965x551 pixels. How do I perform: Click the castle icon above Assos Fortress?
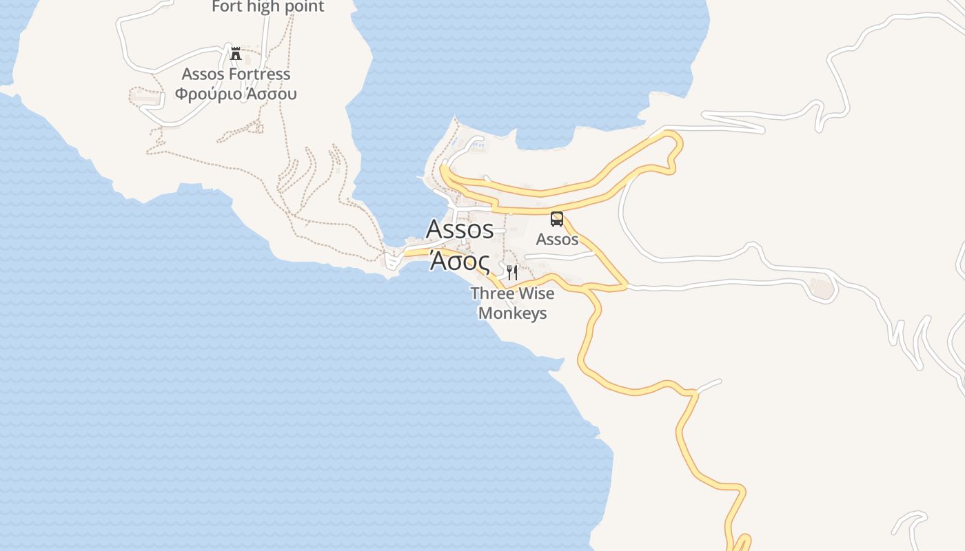pyautogui.click(x=236, y=53)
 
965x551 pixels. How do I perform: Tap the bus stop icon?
pyautogui.click(x=557, y=219)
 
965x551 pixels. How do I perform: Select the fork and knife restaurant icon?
pyautogui.click(x=511, y=273)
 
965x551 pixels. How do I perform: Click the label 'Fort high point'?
pyautogui.click(x=268, y=7)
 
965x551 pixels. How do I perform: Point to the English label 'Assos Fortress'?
pyautogui.click(x=236, y=74)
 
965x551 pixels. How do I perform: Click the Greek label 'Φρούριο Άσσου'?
pyautogui.click(x=236, y=94)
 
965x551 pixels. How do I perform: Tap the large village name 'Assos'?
pyautogui.click(x=460, y=229)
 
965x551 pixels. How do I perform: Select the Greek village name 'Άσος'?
pyautogui.click(x=460, y=262)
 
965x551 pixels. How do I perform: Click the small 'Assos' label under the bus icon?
pyautogui.click(x=557, y=239)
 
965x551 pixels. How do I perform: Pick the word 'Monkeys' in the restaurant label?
pyautogui.click(x=512, y=313)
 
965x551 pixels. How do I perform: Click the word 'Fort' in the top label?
pyautogui.click(x=227, y=7)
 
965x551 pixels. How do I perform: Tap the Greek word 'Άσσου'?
pyautogui.click(x=271, y=94)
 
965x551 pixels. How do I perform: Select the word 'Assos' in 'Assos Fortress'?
pyautogui.click(x=201, y=74)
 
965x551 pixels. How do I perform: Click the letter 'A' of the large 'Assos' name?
pyautogui.click(x=435, y=229)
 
